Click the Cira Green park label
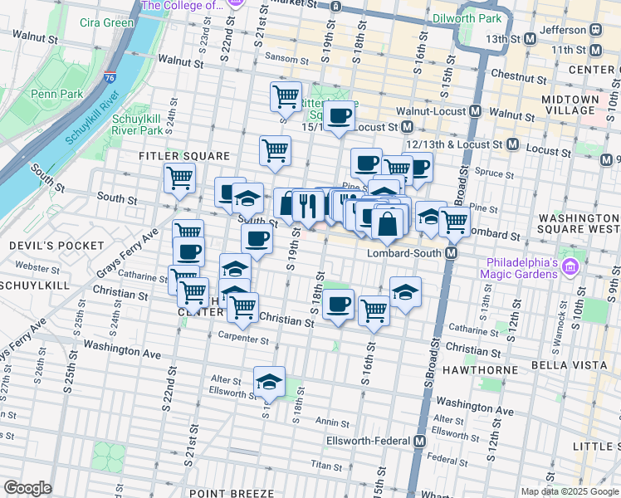107,22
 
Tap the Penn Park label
57,95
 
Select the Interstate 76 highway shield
111,77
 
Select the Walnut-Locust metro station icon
477,110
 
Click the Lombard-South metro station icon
452,252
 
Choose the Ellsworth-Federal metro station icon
420,440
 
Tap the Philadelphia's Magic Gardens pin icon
570,267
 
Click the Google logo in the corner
27,487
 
